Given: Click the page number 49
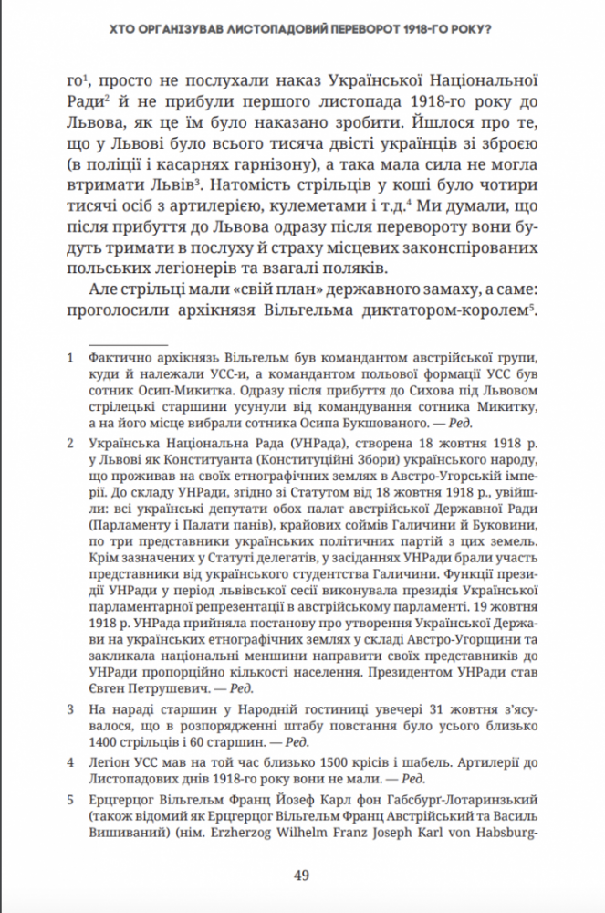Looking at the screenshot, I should coord(302,876).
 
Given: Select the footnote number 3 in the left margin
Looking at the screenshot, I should coord(71,708).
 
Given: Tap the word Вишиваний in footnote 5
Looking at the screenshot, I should coord(128,833).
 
